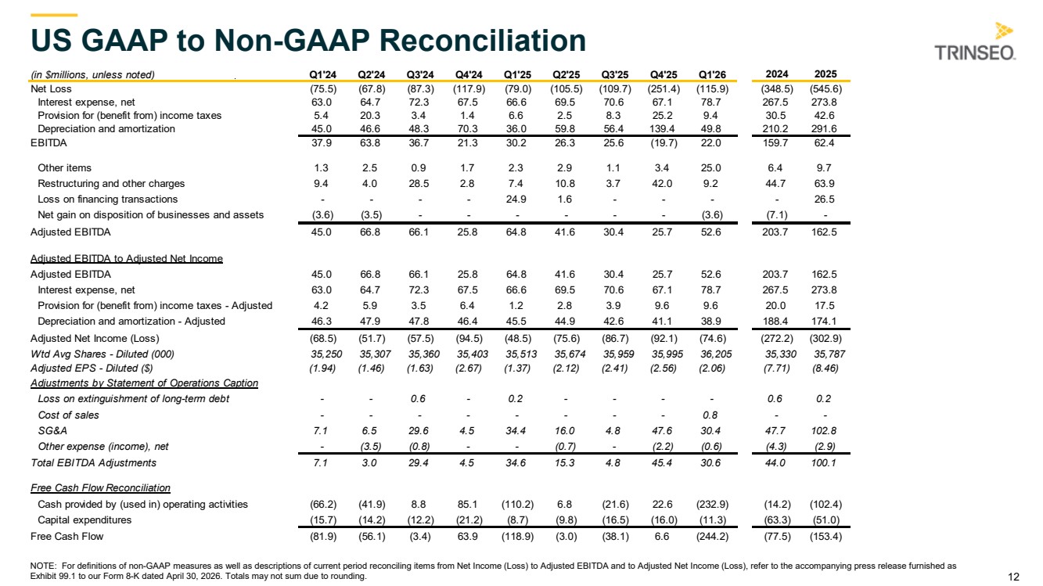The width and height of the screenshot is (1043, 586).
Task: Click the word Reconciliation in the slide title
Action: (483, 40)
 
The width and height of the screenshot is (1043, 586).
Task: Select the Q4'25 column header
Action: (664, 74)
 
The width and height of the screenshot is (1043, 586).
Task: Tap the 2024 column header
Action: (777, 74)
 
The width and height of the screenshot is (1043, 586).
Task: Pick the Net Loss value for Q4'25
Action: (664, 89)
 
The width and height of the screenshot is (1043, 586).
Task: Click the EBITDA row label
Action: (49, 143)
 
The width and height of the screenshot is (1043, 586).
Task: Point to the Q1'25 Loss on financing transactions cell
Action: (516, 200)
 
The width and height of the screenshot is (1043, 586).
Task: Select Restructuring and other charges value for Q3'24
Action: (419, 183)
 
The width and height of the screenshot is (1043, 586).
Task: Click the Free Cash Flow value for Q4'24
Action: (467, 536)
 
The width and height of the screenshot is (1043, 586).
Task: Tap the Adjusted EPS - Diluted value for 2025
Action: (824, 368)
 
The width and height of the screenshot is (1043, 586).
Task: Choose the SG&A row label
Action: (52, 430)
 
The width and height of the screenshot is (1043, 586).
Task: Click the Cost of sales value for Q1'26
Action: (710, 415)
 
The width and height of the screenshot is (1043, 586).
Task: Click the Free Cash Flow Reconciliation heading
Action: (100, 487)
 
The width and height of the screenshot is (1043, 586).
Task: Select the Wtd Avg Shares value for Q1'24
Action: (326, 354)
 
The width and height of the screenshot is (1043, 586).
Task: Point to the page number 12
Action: (1013, 577)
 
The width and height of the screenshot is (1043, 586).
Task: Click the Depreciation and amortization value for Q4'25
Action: (662, 129)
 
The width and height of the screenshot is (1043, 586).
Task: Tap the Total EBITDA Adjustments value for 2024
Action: (775, 463)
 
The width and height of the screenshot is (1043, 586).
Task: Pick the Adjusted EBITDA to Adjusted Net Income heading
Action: (127, 259)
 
